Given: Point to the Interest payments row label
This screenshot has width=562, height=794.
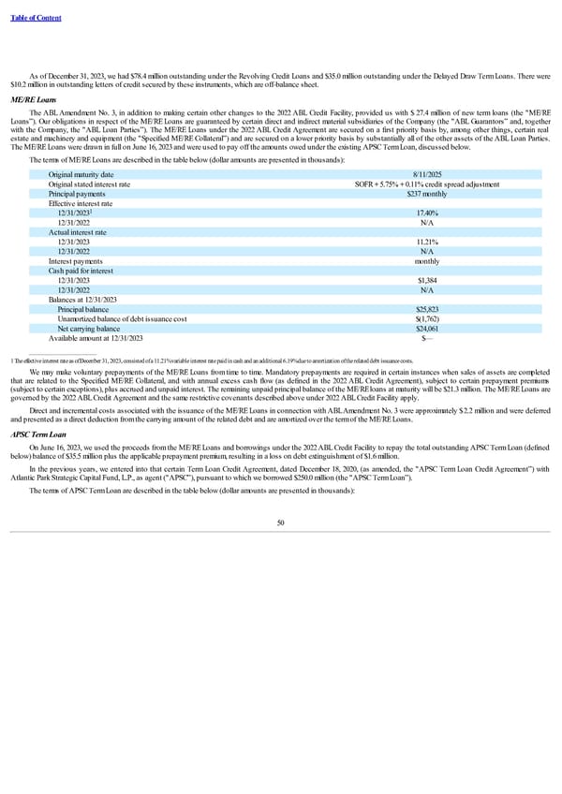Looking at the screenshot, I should coord(76,261).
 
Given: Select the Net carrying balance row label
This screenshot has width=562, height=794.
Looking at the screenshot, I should coord(88,328).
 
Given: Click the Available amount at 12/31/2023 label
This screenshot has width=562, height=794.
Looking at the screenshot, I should coord(96,338).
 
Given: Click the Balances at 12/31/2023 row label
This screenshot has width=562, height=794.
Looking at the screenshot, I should coord(81,300).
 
